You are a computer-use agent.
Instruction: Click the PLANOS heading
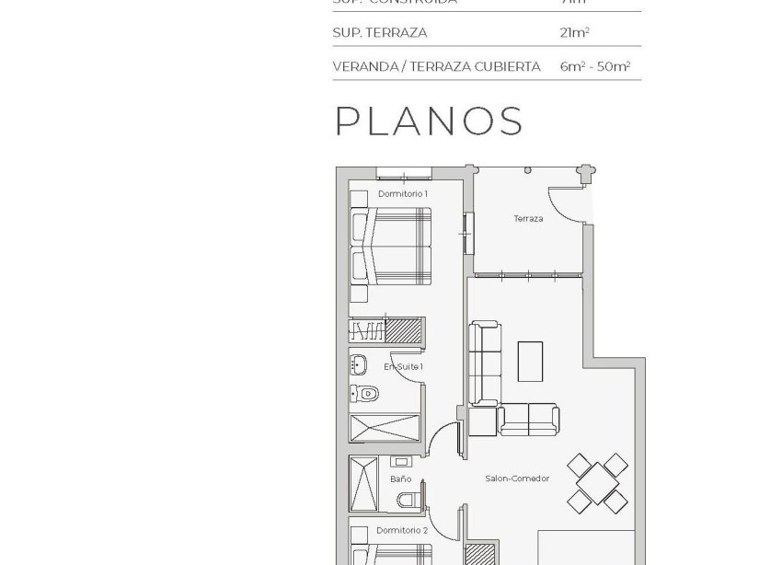click(x=429, y=121)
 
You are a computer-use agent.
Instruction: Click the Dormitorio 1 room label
click(x=402, y=194)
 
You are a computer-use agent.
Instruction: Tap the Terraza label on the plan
click(x=528, y=219)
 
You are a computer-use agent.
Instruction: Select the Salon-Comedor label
click(x=517, y=479)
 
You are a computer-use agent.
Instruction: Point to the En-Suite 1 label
click(x=403, y=366)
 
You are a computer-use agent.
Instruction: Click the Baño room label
click(x=400, y=479)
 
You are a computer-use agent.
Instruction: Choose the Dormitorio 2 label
click(x=402, y=531)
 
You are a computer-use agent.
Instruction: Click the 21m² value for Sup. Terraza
click(x=574, y=33)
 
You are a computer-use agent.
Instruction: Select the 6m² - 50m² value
click(x=593, y=67)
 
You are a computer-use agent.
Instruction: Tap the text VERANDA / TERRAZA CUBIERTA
click(x=436, y=67)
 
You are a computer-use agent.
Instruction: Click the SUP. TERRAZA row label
click(x=380, y=33)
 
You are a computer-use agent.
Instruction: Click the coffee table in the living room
click(x=530, y=361)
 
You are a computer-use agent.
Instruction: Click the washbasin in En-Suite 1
click(x=360, y=365)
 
